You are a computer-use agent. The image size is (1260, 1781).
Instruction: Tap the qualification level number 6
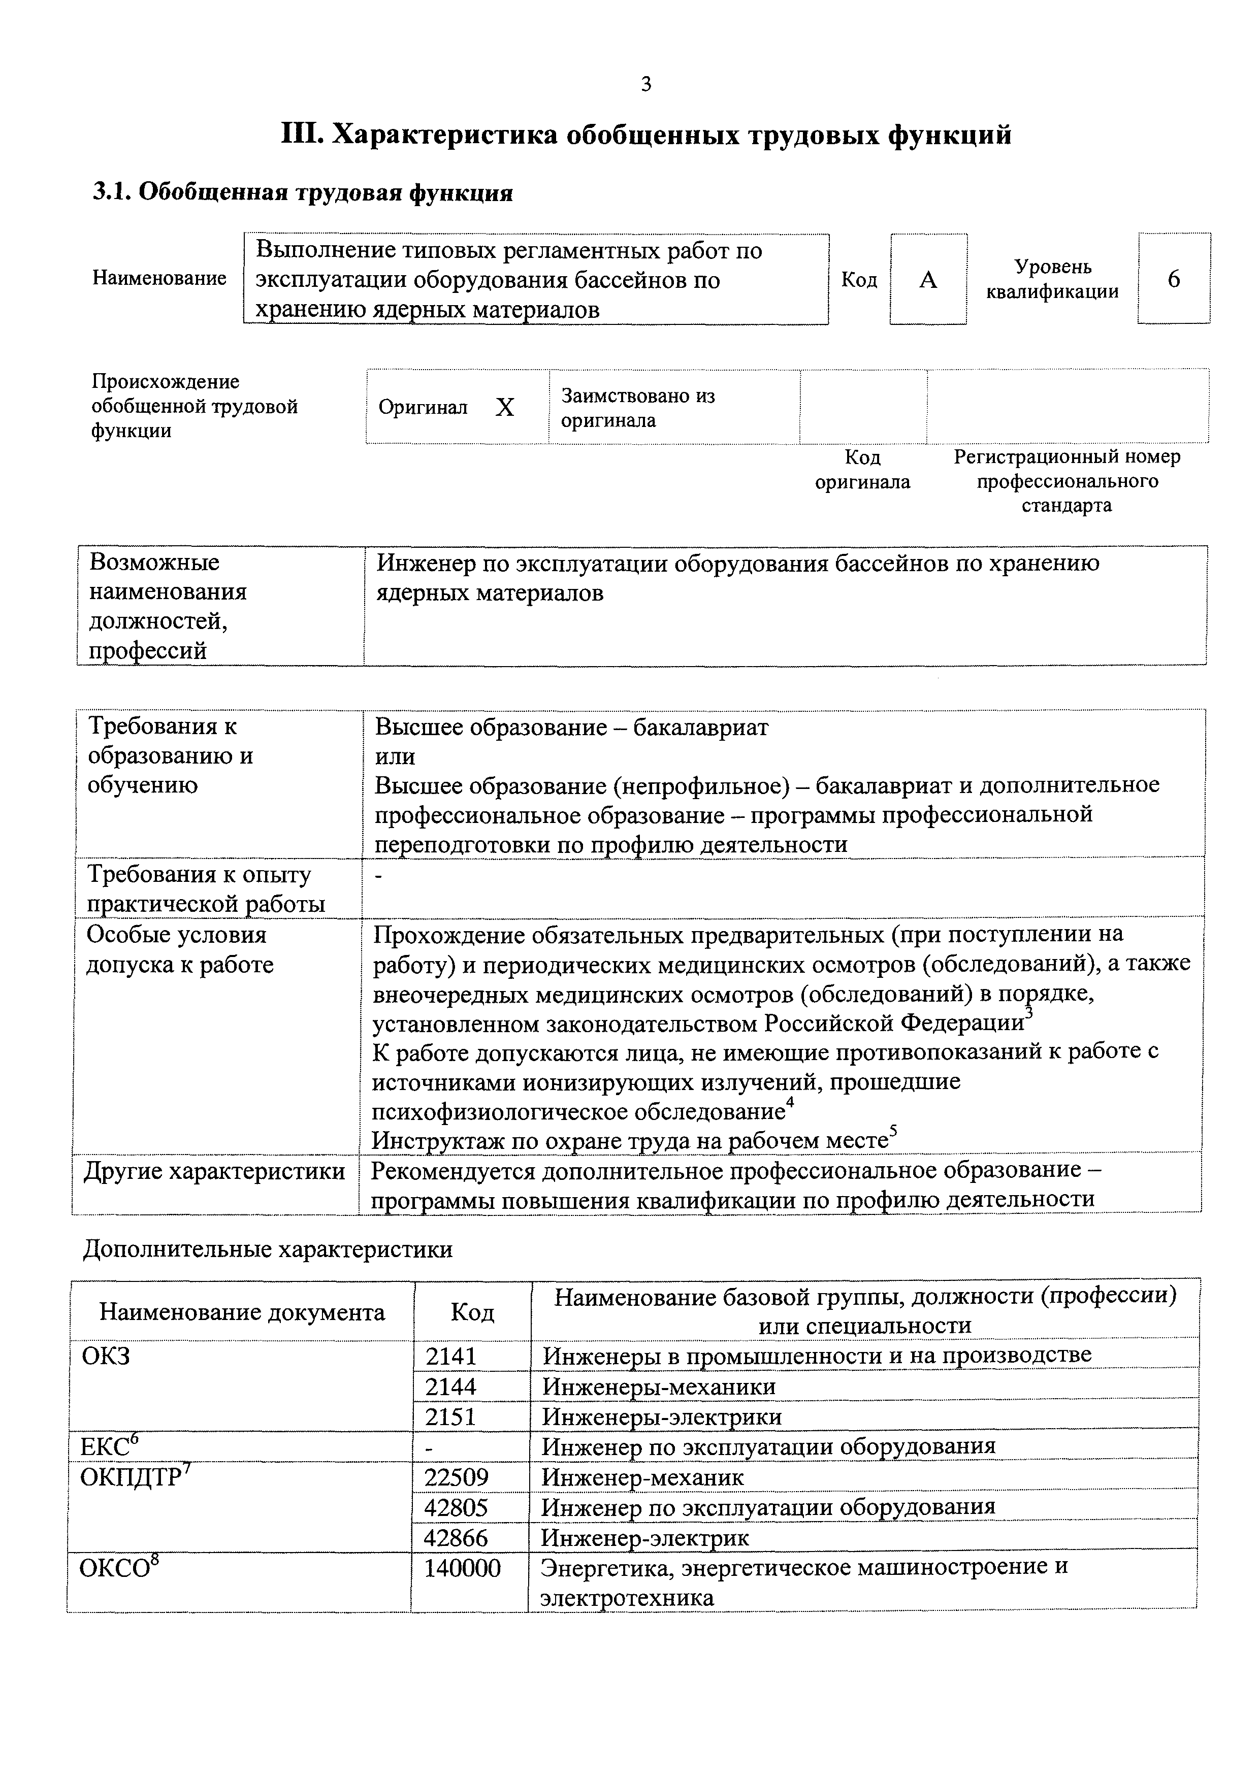[x=1173, y=279]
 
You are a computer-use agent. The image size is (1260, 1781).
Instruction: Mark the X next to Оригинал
[x=505, y=407]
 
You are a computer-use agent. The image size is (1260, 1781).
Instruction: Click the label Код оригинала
[x=862, y=469]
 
